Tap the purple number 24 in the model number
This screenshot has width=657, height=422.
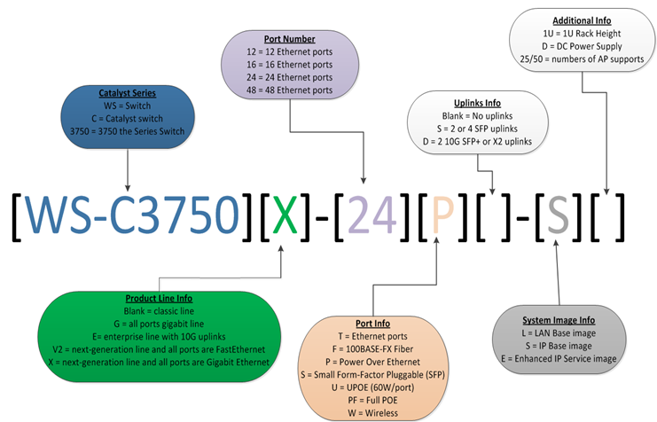366,215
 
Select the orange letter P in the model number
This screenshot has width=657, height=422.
441,215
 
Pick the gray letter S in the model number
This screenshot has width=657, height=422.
557,215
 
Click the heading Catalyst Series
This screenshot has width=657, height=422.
128,91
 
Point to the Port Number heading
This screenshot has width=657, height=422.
291,39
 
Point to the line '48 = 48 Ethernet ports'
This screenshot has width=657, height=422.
291,90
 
